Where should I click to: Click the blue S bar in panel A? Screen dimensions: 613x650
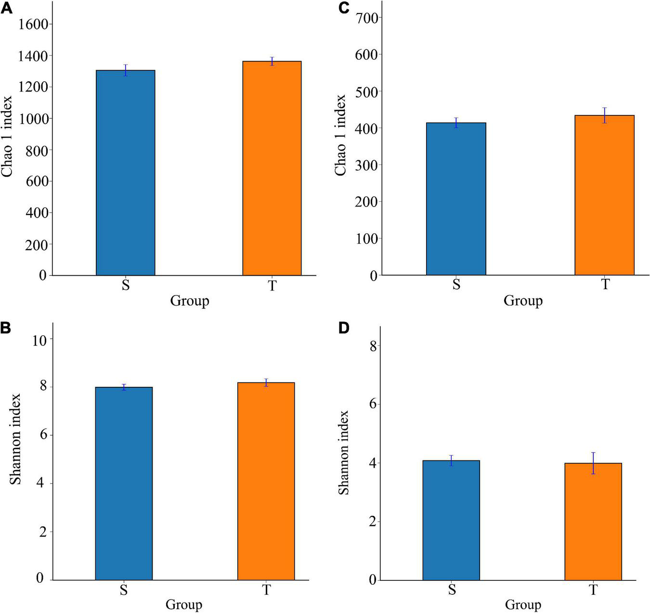click(125, 173)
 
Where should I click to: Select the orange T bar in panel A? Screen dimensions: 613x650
click(272, 168)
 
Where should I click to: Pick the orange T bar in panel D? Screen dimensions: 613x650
click(593, 522)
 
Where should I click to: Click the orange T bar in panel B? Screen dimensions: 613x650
click(266, 481)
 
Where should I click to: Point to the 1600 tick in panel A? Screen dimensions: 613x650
click(33, 24)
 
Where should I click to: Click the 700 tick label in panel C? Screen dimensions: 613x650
click(366, 17)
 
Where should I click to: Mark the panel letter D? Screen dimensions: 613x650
click(344, 328)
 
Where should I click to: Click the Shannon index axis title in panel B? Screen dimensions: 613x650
click(16, 439)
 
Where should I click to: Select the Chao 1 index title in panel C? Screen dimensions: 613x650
click(340, 135)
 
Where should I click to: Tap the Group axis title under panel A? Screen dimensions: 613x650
click(190, 301)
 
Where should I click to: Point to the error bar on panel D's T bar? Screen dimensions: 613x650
click(593, 463)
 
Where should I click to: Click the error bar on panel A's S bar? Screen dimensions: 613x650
click(126, 70)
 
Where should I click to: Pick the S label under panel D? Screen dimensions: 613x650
click(452, 589)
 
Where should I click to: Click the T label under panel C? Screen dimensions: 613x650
click(605, 284)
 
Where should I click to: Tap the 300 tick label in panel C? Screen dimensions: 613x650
click(366, 165)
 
